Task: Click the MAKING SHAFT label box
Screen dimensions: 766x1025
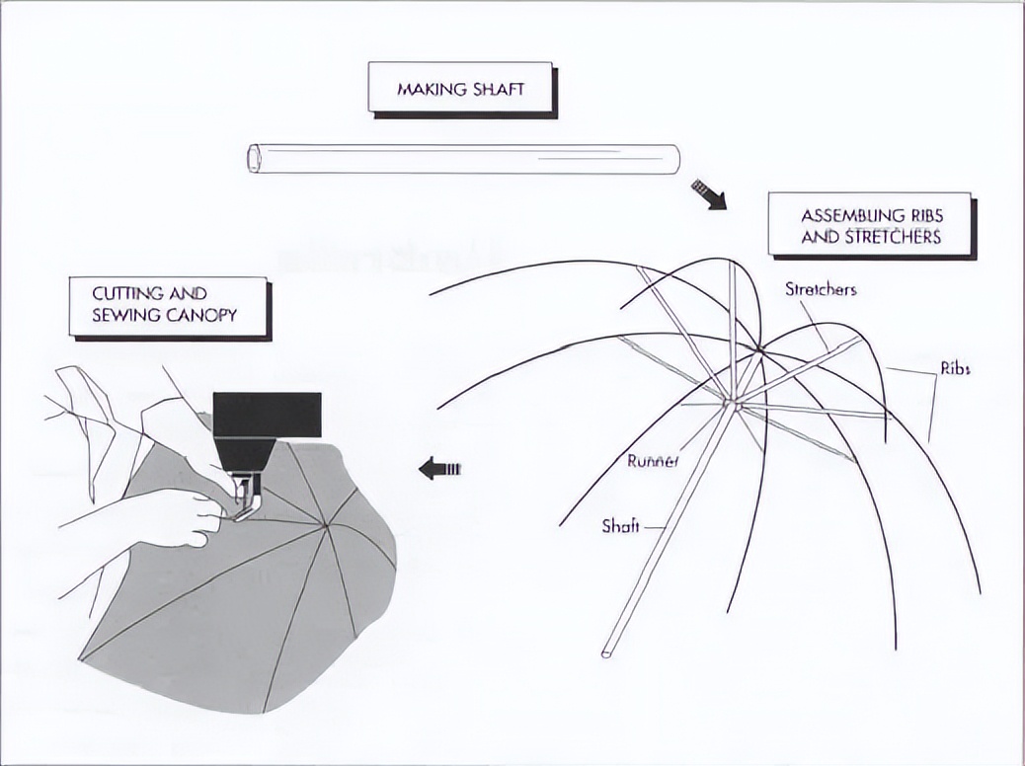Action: click(460, 89)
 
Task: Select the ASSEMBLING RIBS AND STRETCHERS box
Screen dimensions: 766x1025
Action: click(870, 226)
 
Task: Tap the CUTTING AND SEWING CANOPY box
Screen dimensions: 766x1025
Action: click(167, 305)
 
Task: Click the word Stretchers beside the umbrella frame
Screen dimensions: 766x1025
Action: click(821, 289)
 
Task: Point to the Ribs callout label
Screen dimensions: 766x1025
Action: click(955, 368)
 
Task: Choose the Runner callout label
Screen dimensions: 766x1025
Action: click(653, 460)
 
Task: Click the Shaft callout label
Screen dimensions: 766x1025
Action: click(620, 526)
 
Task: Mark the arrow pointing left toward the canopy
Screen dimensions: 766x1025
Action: click(439, 468)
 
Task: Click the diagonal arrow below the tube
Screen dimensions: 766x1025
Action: click(709, 193)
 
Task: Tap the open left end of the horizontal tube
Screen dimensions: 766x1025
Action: click(254, 159)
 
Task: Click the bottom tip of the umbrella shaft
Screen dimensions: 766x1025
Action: click(606, 652)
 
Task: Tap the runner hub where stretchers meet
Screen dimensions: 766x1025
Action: click(733, 403)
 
